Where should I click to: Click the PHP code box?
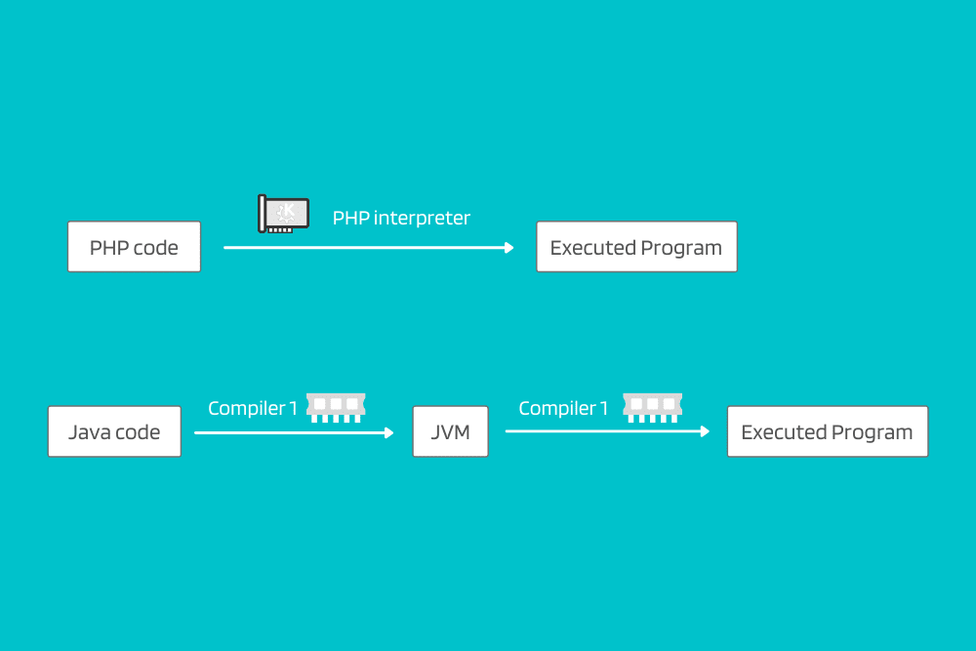tap(134, 247)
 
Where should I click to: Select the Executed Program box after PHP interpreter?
tap(636, 247)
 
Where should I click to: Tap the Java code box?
tap(114, 431)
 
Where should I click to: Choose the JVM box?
tap(451, 431)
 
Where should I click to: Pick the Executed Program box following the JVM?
tap(828, 431)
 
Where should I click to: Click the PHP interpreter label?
tap(401, 219)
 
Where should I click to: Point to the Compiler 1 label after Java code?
tap(253, 408)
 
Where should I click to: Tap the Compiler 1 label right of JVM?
tap(563, 408)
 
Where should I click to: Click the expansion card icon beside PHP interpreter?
tap(283, 214)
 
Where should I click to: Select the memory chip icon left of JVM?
tap(336, 408)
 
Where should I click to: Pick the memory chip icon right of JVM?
tap(653, 408)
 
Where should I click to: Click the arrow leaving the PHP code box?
tap(369, 248)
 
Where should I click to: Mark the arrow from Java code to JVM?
tap(294, 432)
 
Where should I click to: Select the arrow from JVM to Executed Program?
tap(607, 431)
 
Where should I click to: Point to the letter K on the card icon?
tap(289, 211)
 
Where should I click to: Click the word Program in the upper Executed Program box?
tap(681, 248)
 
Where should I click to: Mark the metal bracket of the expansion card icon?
tap(262, 214)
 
